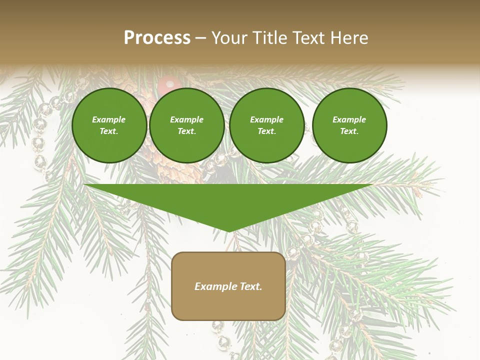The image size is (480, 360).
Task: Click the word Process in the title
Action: tap(157, 38)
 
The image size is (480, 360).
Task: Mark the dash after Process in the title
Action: tap(200, 38)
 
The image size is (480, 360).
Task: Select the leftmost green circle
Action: tap(109, 125)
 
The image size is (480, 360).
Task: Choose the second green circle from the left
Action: tap(187, 125)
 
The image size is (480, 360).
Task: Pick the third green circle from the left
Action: tap(267, 125)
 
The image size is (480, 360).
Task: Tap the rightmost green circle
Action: tap(349, 125)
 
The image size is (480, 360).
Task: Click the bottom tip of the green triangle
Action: tap(228, 230)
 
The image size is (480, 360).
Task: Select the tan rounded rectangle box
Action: tap(228, 286)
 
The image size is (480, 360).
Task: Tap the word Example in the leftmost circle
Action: tap(109, 119)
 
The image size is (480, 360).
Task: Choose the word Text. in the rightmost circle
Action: tap(349, 131)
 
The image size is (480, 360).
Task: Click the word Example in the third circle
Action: tap(267, 119)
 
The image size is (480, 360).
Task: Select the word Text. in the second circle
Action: tap(187, 131)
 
